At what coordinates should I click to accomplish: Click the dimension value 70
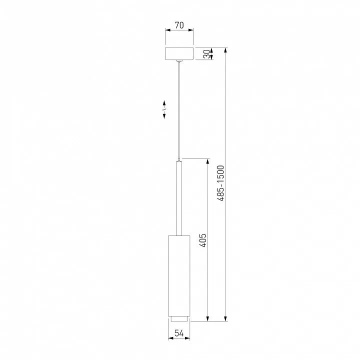179,25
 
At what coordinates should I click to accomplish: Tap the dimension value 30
207,54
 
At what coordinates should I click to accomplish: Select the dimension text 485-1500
220,183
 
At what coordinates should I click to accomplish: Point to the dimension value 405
202,240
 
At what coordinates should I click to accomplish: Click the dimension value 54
179,333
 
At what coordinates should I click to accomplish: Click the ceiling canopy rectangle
179,54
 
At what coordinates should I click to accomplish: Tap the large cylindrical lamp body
179,275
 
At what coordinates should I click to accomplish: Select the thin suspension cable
179,110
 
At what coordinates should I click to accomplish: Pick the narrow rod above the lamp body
179,198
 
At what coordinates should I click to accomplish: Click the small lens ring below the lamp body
179,318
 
